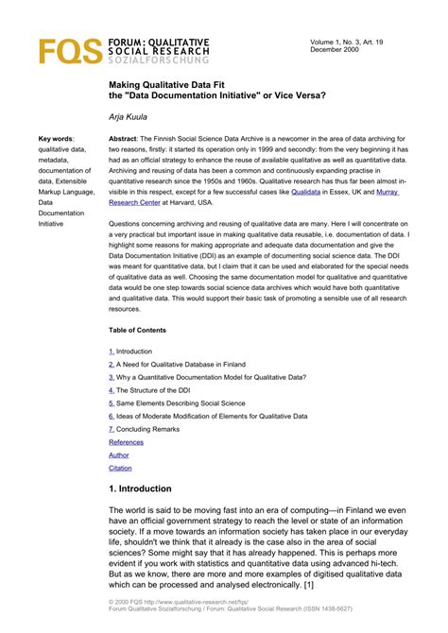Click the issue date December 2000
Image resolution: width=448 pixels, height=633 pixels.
click(x=336, y=50)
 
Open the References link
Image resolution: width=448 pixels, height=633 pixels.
click(x=127, y=442)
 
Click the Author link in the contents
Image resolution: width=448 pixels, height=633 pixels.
click(x=119, y=455)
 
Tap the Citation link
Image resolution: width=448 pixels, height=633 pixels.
click(x=121, y=468)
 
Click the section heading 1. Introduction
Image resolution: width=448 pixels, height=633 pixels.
click(x=154, y=488)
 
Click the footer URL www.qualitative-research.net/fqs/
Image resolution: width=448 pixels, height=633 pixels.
click(x=206, y=601)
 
